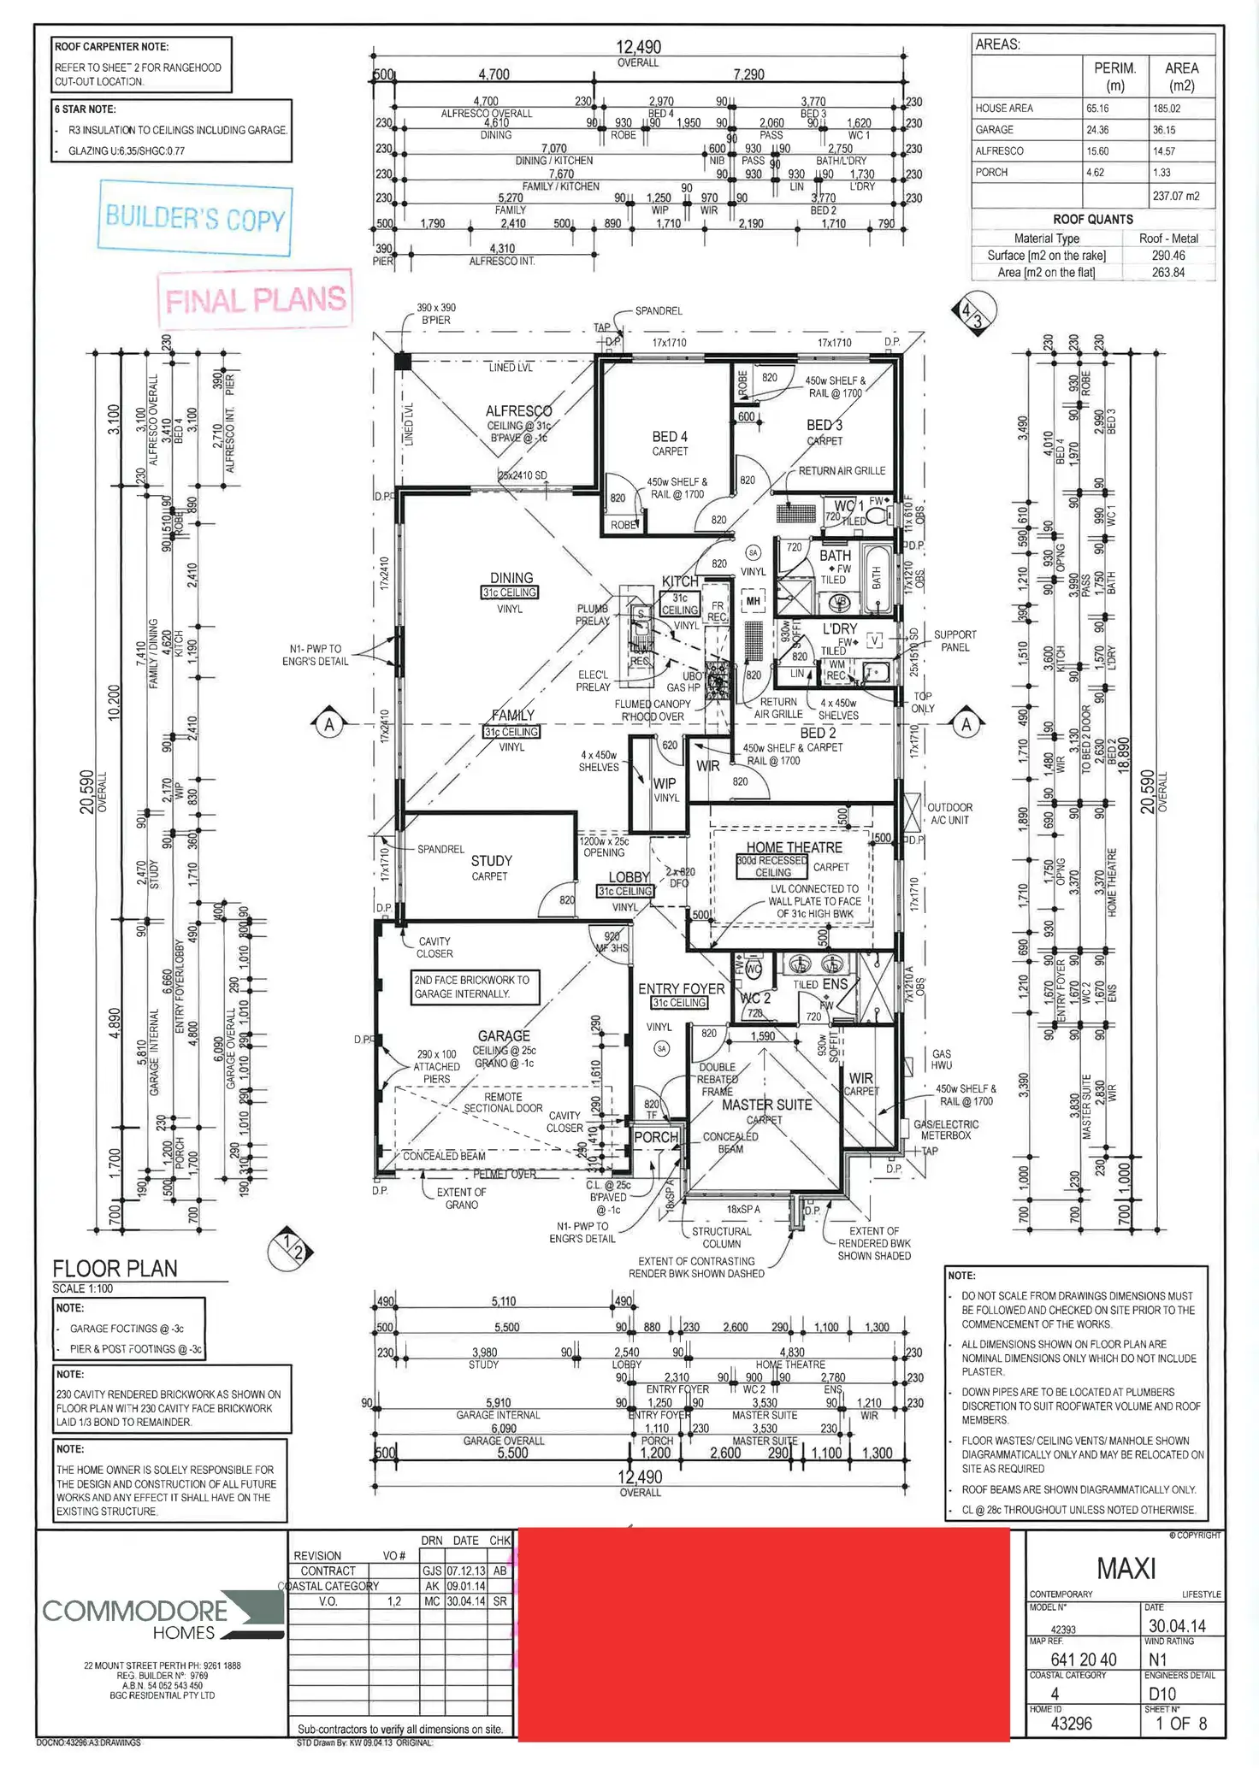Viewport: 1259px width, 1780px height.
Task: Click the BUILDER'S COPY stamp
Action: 194,218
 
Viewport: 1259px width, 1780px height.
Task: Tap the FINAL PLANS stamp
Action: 255,300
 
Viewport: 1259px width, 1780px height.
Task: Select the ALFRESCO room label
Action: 518,411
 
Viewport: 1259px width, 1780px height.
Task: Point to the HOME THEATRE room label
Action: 794,847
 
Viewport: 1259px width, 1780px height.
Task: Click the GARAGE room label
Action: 504,1035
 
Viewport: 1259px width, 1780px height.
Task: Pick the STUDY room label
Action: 491,861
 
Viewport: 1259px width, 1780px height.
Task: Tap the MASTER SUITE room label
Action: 766,1105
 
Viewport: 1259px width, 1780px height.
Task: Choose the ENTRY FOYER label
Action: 681,988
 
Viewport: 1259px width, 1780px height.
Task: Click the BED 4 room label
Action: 670,437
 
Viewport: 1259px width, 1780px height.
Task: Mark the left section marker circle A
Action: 329,725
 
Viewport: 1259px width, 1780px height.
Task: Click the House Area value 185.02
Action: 1166,109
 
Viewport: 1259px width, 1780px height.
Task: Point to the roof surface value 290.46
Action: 1167,256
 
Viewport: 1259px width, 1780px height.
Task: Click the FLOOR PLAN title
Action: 115,1269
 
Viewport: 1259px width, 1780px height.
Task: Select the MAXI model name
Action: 1126,1569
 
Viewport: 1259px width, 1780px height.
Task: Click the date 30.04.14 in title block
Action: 1176,1626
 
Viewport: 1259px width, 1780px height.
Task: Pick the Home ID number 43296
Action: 1071,1724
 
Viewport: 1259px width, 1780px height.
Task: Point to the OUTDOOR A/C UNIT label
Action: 949,813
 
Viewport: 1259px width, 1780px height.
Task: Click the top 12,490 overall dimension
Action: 638,48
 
